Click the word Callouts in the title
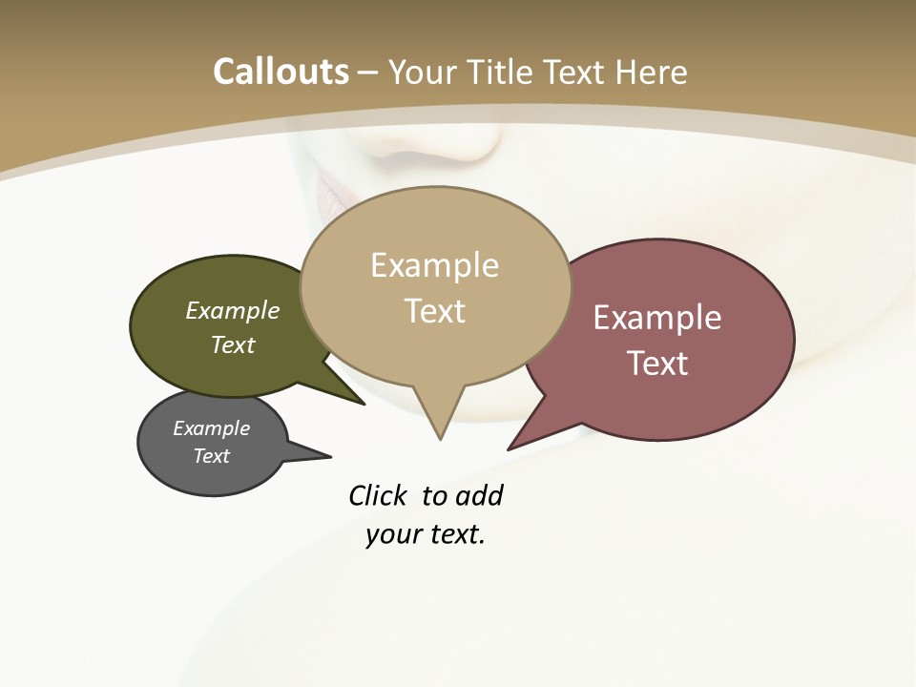point(281,72)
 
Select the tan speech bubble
point(435,343)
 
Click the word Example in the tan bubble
point(434,265)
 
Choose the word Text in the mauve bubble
point(657,364)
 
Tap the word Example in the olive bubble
point(233,310)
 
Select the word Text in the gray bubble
point(212,456)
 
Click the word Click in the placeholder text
point(377,495)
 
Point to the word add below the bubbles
point(479,495)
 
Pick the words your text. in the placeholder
point(426,534)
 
